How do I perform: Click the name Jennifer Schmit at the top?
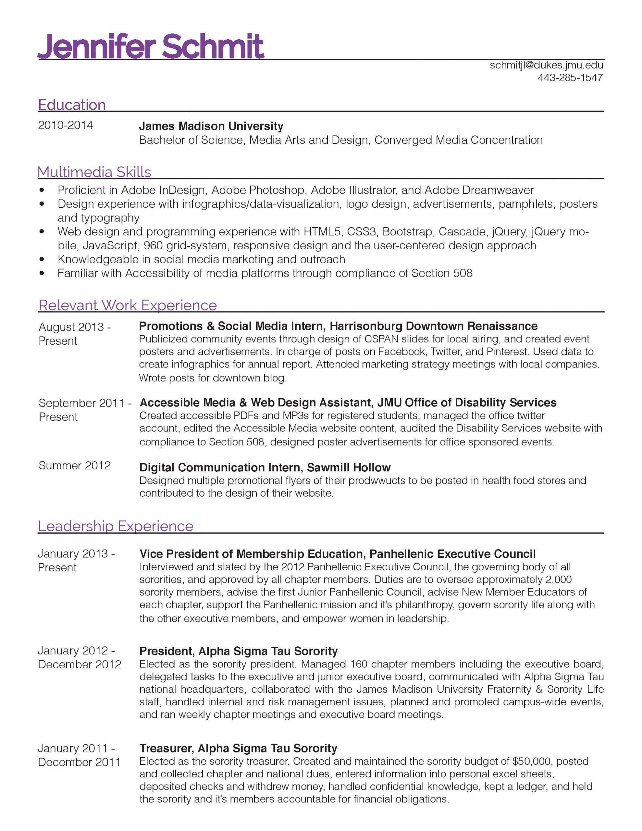click(x=150, y=46)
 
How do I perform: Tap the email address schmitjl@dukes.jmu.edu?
click(x=546, y=65)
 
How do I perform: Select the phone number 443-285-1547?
click(x=570, y=78)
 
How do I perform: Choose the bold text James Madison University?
click(x=211, y=126)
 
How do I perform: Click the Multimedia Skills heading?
click(x=94, y=172)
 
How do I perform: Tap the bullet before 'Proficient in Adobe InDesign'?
click(x=42, y=190)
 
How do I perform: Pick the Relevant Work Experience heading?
click(x=128, y=305)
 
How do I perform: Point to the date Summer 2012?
click(x=75, y=465)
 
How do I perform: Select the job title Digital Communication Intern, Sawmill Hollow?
click(x=265, y=467)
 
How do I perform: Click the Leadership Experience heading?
click(x=116, y=526)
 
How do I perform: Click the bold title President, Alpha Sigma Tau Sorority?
click(x=238, y=651)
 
